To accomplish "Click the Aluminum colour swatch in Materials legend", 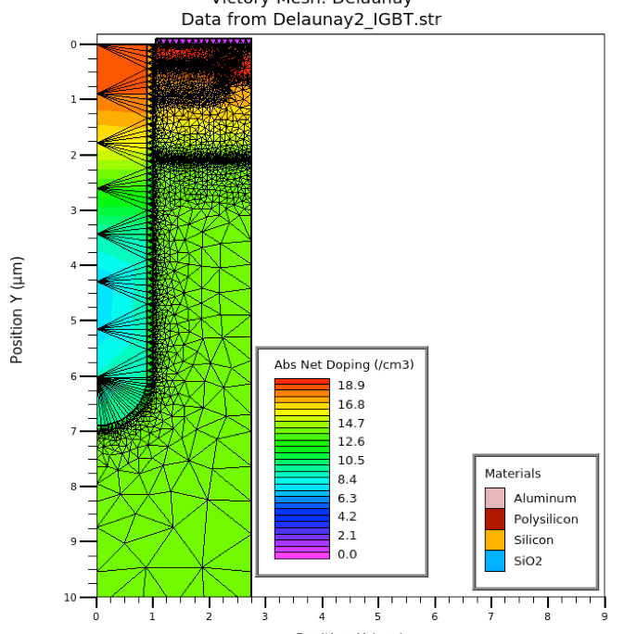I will [495, 498].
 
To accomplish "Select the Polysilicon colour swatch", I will [495, 519].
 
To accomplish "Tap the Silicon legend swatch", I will [495, 539].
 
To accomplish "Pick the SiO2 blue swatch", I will [495, 561].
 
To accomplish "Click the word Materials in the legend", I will [513, 474].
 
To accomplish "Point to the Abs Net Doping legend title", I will [344, 365].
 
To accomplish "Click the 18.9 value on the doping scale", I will [350, 386].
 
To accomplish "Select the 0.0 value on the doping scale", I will [347, 554].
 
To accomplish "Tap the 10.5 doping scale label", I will [350, 461].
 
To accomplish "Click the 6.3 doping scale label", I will [347, 498].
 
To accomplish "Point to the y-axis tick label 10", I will [83, 597].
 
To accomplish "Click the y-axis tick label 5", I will [86, 321].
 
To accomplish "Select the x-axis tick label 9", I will [605, 615].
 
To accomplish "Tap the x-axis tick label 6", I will [435, 615].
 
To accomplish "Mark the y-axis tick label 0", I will [86, 44].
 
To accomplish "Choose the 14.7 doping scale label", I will [350, 423].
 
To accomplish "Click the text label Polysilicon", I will [546, 519].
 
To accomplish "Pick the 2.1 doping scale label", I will [347, 535].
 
